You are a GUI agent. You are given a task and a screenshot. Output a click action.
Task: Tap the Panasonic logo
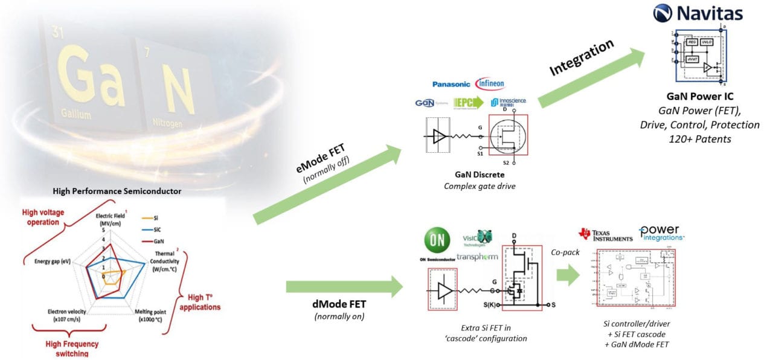point(452,85)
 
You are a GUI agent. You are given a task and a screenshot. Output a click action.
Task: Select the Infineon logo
point(490,83)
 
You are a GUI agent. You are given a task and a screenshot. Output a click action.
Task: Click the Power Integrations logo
point(662,233)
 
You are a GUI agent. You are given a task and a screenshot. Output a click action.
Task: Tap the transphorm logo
point(478,257)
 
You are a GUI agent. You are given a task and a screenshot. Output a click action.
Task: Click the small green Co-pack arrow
point(568,275)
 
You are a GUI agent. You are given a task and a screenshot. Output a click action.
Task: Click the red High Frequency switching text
point(72,349)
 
